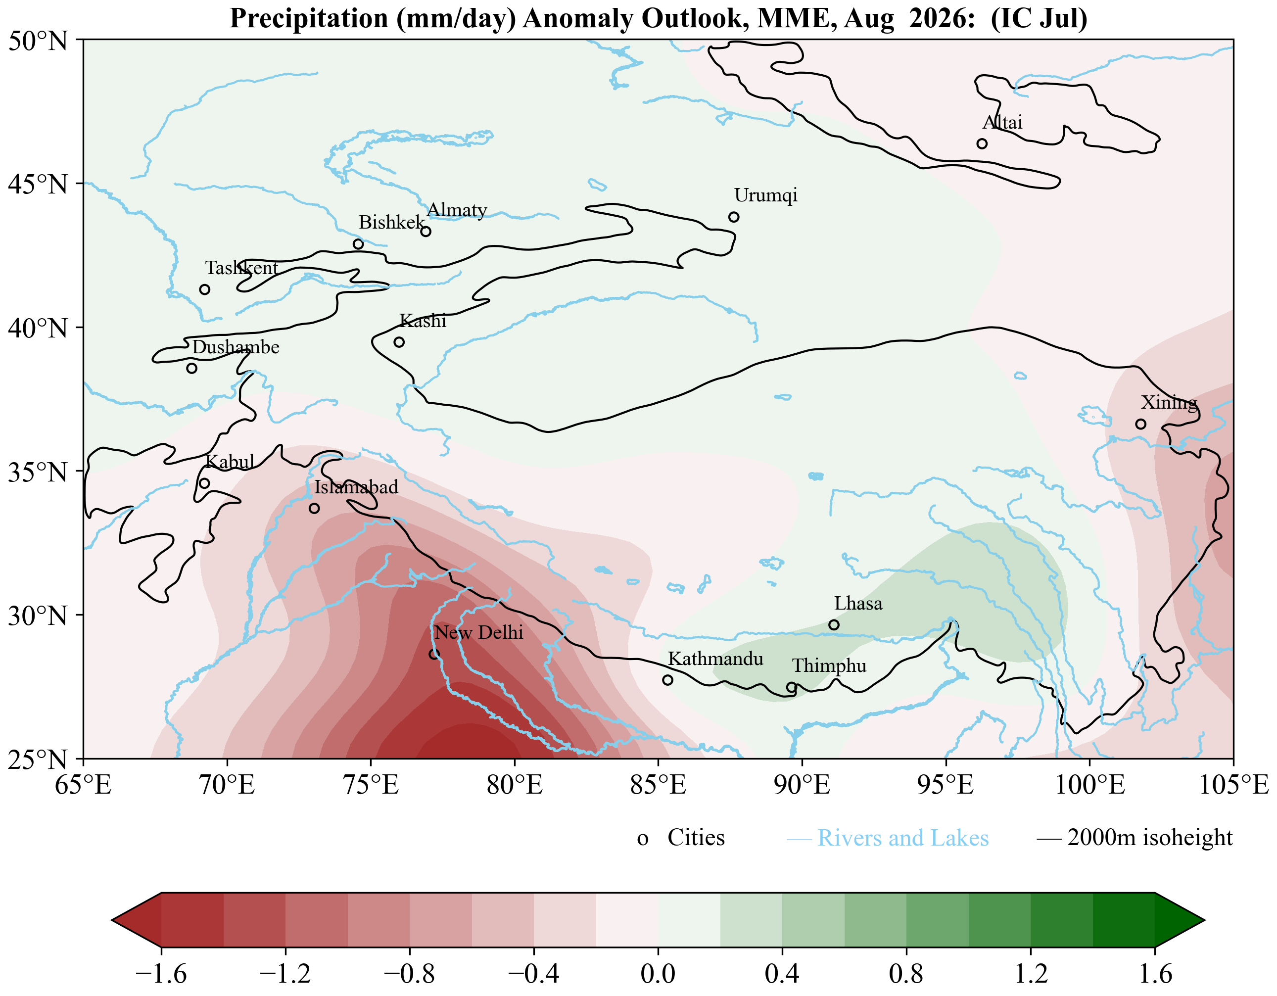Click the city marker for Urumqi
tap(734, 217)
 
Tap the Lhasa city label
tap(858, 603)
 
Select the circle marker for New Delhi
tap(434, 654)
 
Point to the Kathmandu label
tap(715, 659)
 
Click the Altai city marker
tap(982, 144)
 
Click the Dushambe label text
tap(236, 347)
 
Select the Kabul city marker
tap(204, 483)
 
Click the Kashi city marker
tap(399, 342)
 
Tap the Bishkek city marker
tap(358, 244)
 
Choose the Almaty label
tap(457, 210)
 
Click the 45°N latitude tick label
tap(39, 184)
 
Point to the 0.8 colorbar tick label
tap(906, 973)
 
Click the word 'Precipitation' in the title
tap(309, 18)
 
